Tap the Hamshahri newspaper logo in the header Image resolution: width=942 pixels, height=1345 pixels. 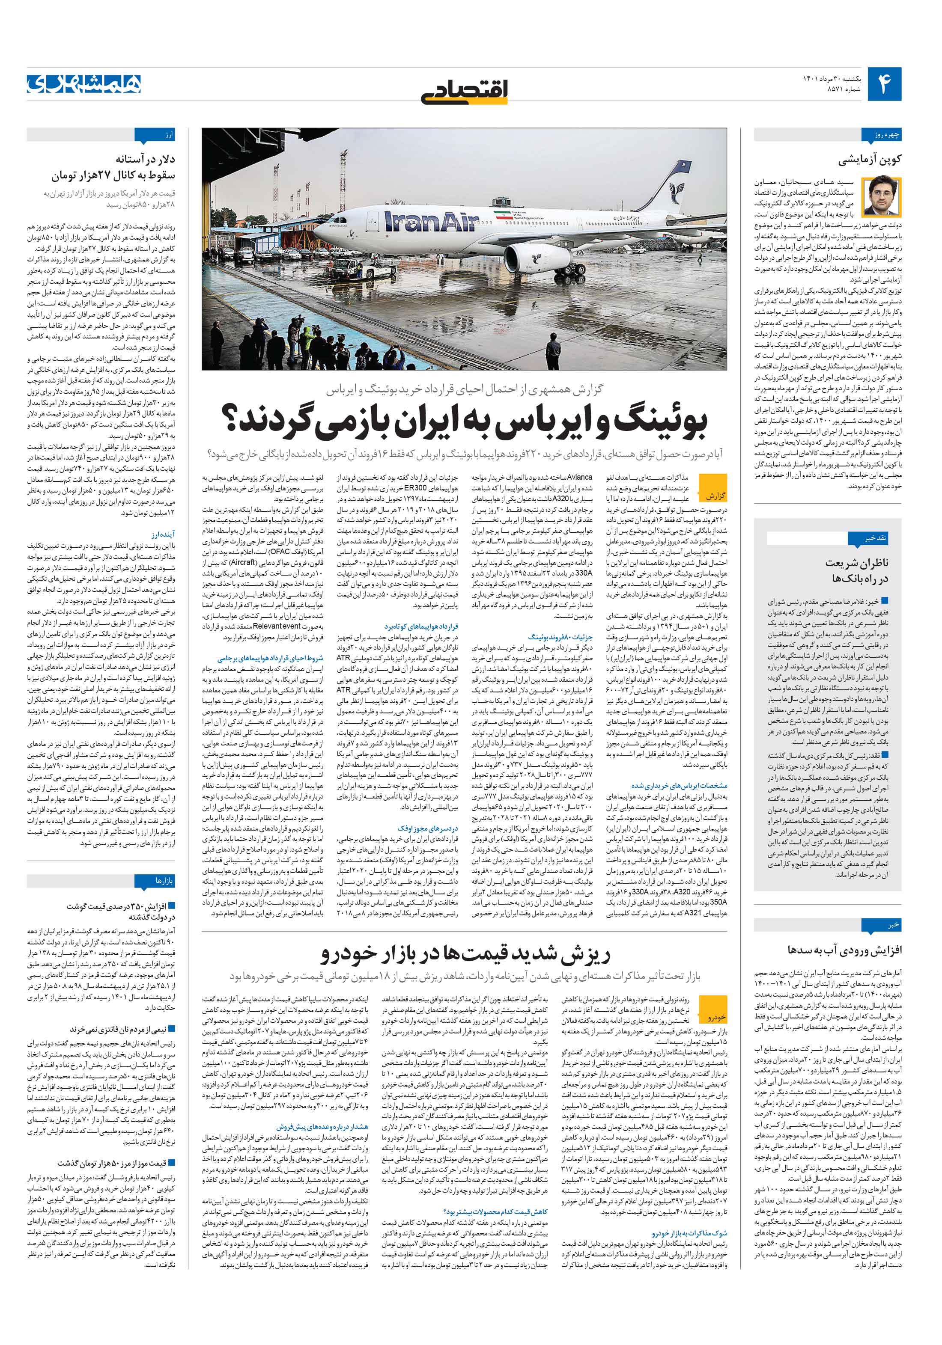pos(84,84)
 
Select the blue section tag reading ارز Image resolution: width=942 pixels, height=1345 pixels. pos(167,135)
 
